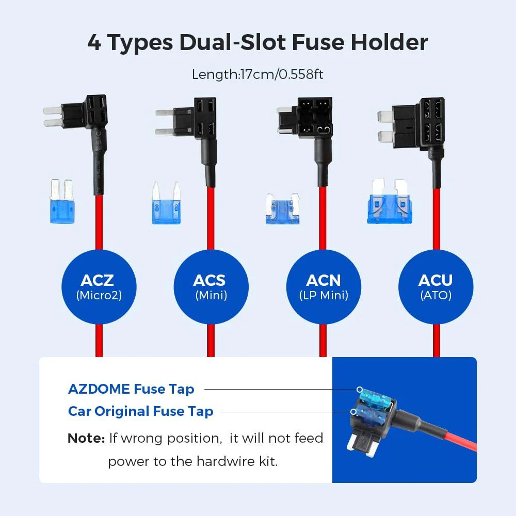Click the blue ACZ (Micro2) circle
(98, 287)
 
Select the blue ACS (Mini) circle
(211, 287)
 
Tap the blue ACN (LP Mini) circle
(324, 287)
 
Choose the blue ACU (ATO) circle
(436, 287)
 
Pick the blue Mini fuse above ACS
(166, 203)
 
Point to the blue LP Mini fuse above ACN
(283, 209)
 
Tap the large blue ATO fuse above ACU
(391, 202)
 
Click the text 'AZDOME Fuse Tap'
(131, 389)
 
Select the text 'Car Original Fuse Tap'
(140, 411)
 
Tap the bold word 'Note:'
(86, 439)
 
